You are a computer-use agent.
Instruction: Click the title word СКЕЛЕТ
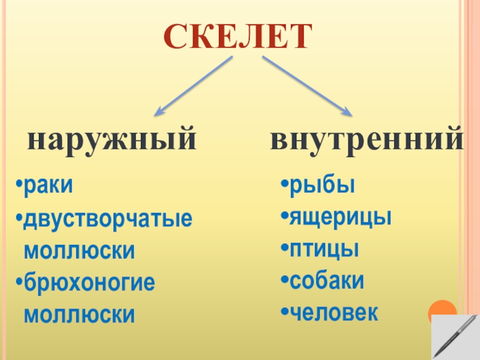[x=239, y=37]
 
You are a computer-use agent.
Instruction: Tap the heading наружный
[x=112, y=139]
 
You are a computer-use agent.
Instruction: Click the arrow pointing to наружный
[x=193, y=85]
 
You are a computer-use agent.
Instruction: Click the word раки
[x=49, y=186]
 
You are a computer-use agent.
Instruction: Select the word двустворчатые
[x=108, y=219]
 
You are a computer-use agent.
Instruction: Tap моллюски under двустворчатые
[x=79, y=251]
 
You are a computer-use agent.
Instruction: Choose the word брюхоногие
[x=89, y=283]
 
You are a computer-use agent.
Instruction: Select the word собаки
[x=327, y=280]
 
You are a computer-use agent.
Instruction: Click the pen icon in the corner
[x=454, y=337]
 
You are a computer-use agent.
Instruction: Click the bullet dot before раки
[x=20, y=186]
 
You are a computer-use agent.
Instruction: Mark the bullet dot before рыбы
[x=285, y=185]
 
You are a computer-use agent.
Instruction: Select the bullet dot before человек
[x=285, y=313]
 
